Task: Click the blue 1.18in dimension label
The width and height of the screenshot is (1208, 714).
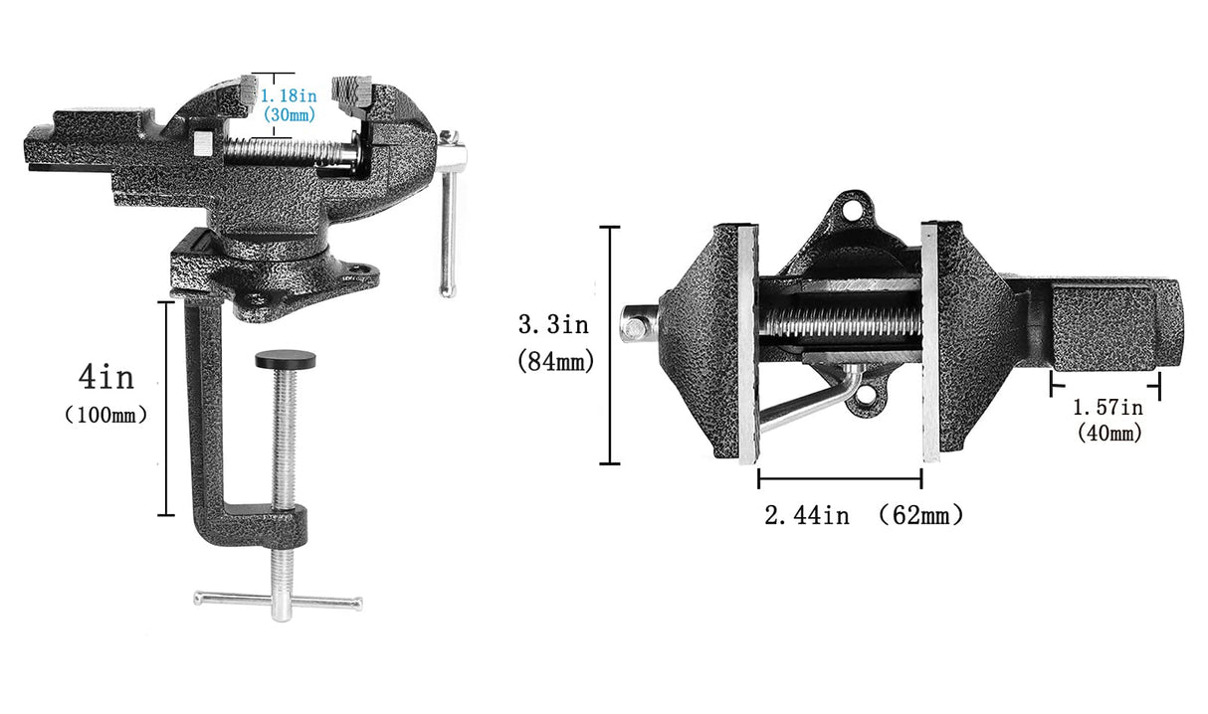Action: coord(289,96)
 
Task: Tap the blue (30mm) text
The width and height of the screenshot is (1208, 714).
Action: coord(289,114)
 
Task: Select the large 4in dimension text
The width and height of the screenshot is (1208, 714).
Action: coord(105,378)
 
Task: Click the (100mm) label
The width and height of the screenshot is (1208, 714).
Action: coord(105,415)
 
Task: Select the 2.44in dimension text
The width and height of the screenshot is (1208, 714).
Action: coord(806,515)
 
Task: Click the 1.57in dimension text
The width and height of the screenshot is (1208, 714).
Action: coord(1107,407)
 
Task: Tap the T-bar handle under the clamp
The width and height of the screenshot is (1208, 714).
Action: coord(278,600)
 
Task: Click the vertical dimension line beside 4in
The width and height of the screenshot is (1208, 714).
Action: coord(167,408)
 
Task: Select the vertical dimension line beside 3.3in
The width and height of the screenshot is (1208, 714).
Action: coord(608,345)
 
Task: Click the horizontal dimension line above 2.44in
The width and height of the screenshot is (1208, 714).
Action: coord(839,478)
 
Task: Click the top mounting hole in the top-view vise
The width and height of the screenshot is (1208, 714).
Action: coord(850,210)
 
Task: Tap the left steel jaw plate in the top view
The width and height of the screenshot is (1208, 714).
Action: coord(747,343)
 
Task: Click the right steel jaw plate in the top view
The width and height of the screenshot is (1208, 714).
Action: coord(930,343)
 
